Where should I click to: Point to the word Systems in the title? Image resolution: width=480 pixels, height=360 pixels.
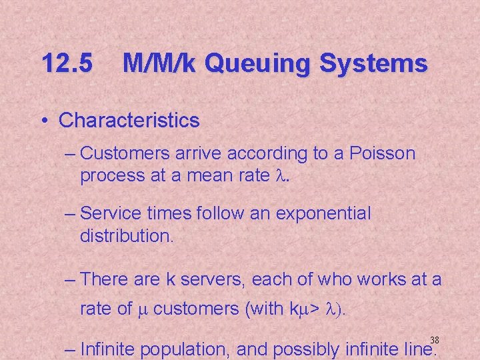[x=374, y=64]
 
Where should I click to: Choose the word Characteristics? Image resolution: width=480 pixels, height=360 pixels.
[x=129, y=121]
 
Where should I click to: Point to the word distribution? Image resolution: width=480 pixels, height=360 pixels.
[x=125, y=236]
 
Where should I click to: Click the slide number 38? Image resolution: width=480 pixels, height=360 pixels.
[x=435, y=340]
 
